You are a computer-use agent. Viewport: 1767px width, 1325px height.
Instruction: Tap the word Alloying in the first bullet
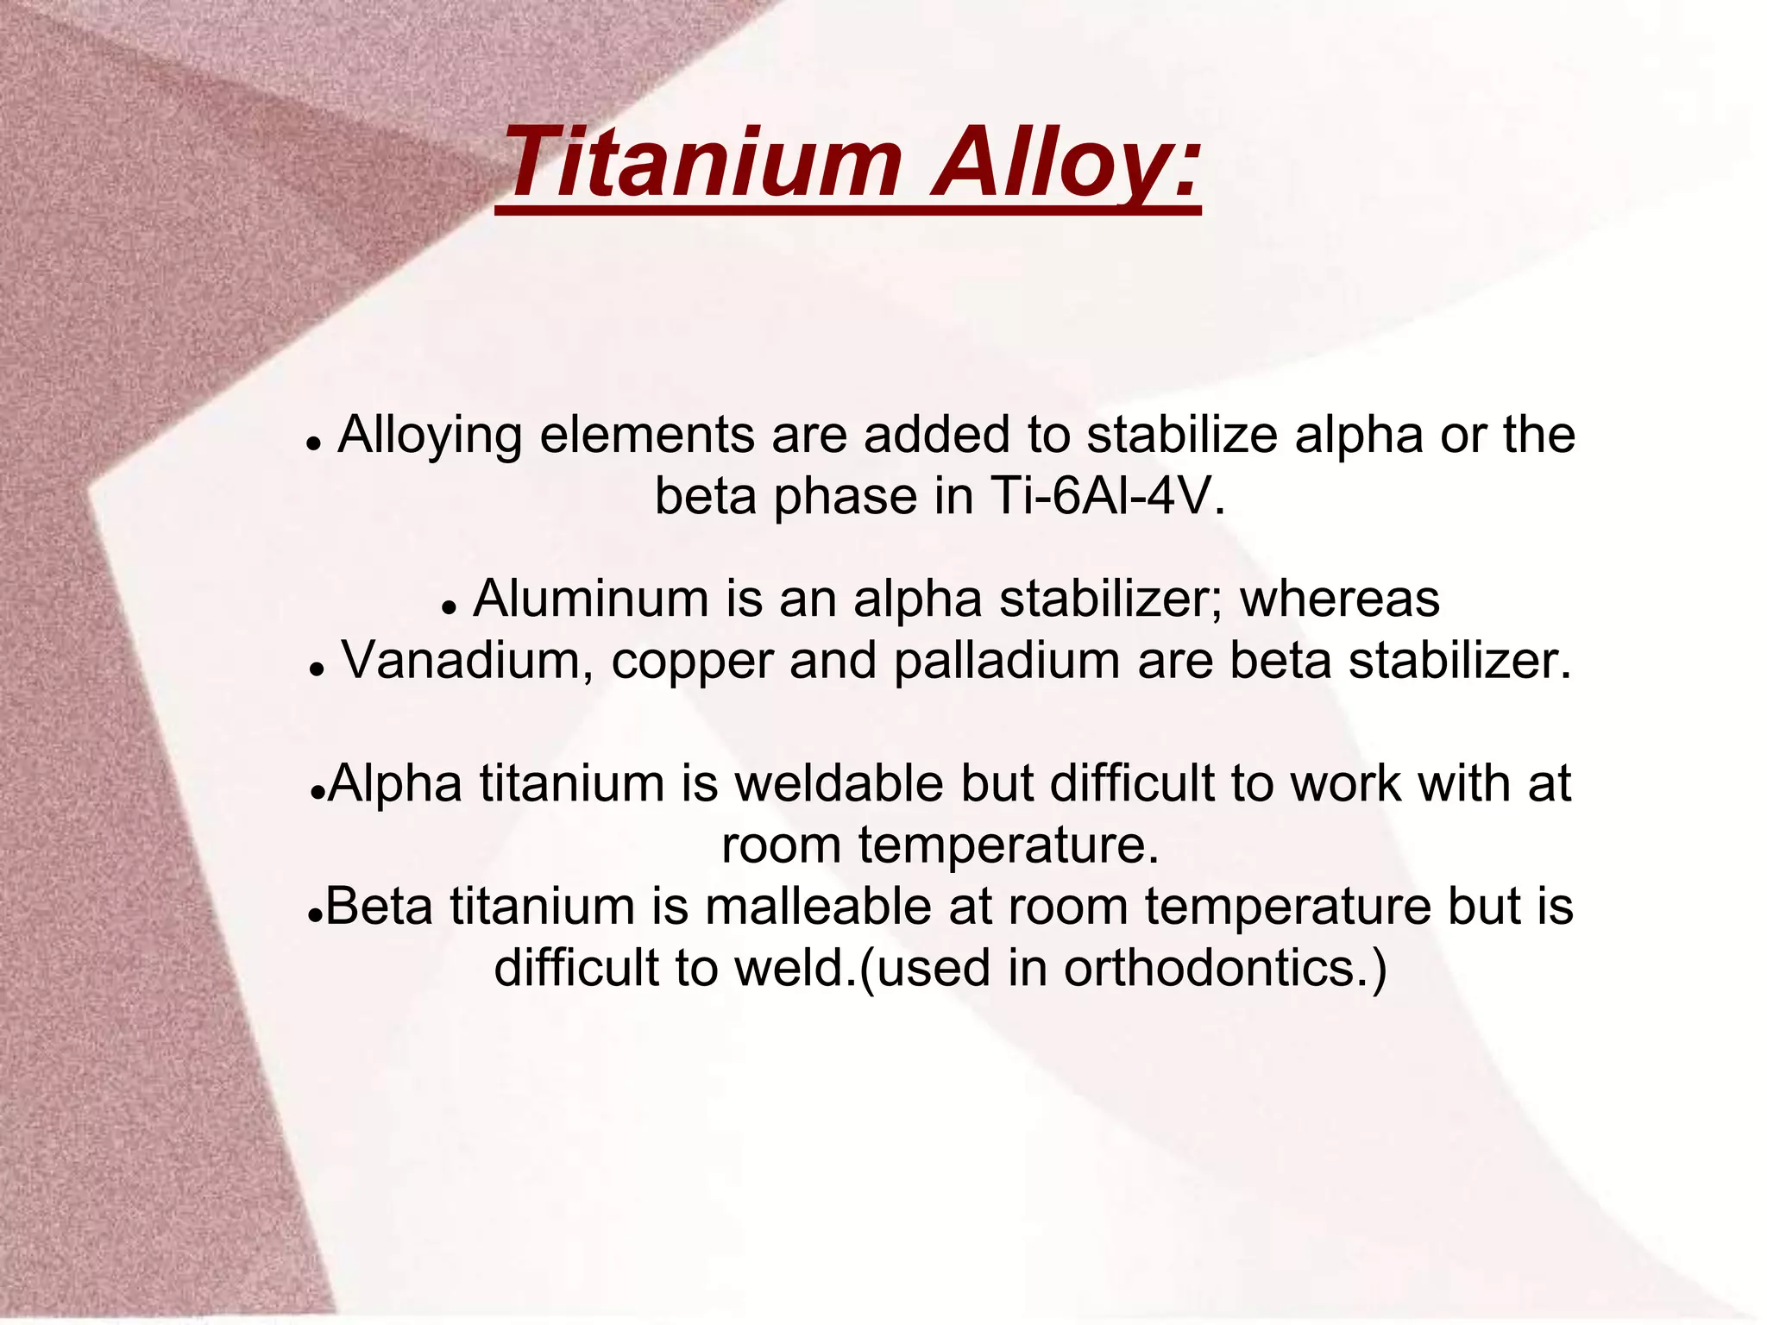click(x=429, y=436)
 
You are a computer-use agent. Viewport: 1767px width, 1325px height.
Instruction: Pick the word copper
click(x=691, y=661)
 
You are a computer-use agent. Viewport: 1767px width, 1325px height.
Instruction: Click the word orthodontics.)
click(x=1226, y=969)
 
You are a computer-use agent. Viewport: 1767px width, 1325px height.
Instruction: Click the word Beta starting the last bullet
click(x=379, y=907)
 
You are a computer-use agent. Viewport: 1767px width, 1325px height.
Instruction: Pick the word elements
click(x=647, y=436)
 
